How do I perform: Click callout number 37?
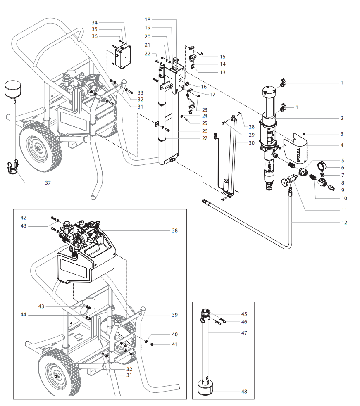coord(48,183)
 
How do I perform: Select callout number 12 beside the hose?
coord(344,223)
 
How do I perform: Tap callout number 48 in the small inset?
coord(244,392)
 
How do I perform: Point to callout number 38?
coord(175,230)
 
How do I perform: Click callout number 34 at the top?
coord(95,22)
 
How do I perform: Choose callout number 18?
coord(148,19)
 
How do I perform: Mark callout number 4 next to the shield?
coord(342,145)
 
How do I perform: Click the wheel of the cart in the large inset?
coord(57,375)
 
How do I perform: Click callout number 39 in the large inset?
coord(175,315)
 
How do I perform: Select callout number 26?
coord(193,131)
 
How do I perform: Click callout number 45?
coord(244,314)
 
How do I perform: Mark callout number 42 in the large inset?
coord(24,218)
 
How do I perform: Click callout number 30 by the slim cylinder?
coord(252,143)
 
